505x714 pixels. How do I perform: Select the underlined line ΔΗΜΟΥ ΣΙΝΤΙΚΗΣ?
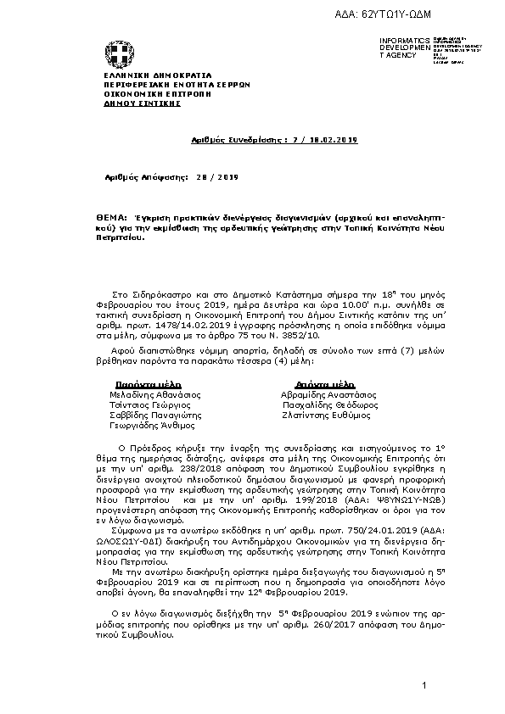pos(131,102)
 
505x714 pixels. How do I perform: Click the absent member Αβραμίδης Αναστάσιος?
pos(328,394)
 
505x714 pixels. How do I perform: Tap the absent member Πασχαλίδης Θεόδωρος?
pos(329,405)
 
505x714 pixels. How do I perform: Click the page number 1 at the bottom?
pos(422,684)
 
